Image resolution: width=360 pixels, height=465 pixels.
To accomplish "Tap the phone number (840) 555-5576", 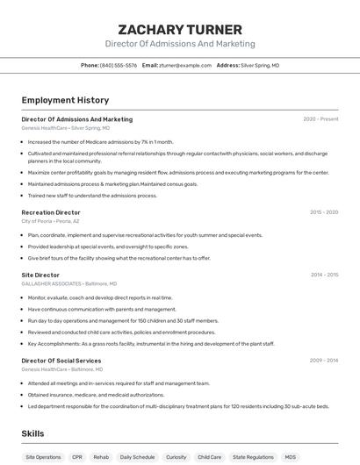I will click(119, 65).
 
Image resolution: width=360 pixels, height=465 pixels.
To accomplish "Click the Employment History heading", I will click(65, 100).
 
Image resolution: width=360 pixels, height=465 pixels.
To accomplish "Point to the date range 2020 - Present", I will click(320, 119).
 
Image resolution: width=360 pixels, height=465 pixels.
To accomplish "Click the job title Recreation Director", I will click(51, 212).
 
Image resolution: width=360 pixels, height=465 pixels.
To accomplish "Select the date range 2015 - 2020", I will click(324, 212).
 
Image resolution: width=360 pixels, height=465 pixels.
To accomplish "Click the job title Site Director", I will click(40, 275).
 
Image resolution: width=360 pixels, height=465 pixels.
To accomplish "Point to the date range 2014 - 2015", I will click(324, 275).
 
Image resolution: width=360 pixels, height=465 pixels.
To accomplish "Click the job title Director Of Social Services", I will click(61, 361).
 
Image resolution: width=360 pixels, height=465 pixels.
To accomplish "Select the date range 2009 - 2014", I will click(324, 361).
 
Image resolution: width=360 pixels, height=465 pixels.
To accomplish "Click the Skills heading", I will click(32, 433).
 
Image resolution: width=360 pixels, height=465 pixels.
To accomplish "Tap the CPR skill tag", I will click(77, 457).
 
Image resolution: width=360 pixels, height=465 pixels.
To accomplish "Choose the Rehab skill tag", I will click(101, 457).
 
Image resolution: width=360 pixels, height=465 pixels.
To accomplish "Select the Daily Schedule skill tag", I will click(137, 457).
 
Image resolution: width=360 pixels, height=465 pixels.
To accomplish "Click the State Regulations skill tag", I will click(253, 457).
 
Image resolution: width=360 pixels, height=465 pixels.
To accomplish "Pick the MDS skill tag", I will click(291, 457).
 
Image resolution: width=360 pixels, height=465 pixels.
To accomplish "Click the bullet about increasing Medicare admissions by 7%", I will click(101, 141).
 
